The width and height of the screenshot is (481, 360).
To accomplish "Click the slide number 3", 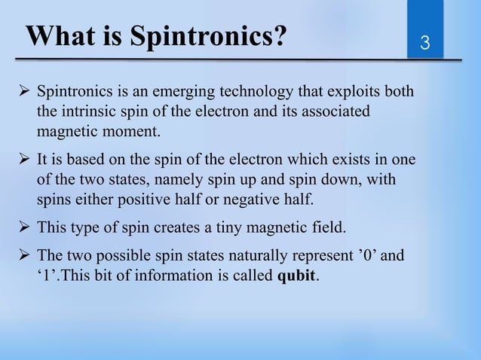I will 425,41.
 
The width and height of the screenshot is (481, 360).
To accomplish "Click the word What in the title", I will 59,36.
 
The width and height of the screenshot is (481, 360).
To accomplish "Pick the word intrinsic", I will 87,112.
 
